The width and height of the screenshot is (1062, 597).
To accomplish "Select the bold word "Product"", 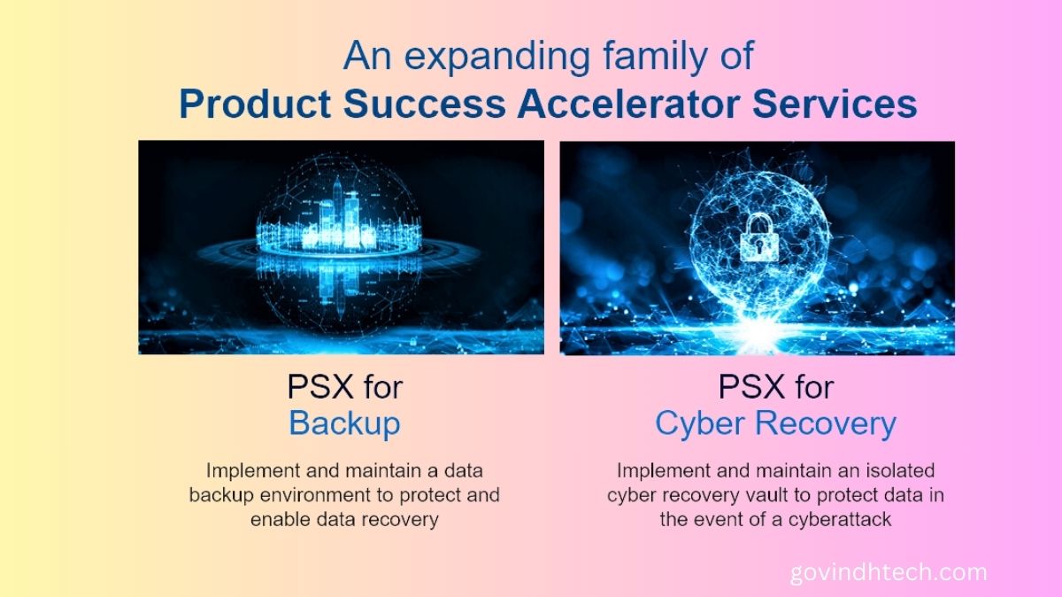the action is pyautogui.click(x=255, y=104).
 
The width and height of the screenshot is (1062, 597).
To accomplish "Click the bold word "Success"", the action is pyautogui.click(x=424, y=104).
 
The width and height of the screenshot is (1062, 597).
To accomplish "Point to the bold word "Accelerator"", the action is pyautogui.click(x=628, y=104).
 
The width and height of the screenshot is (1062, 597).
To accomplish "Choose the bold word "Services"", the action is pyautogui.click(x=835, y=104).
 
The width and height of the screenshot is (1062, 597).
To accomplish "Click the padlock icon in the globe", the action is pyautogui.click(x=759, y=237).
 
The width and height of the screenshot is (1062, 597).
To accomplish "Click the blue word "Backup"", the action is pyautogui.click(x=344, y=423).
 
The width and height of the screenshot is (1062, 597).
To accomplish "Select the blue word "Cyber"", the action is pyautogui.click(x=699, y=423).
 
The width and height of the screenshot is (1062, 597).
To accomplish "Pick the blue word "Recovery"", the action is pyautogui.click(x=826, y=423).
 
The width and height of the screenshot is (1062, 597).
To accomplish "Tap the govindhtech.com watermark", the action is pyautogui.click(x=889, y=572).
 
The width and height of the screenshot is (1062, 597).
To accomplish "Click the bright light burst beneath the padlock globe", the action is pyautogui.click(x=759, y=328).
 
